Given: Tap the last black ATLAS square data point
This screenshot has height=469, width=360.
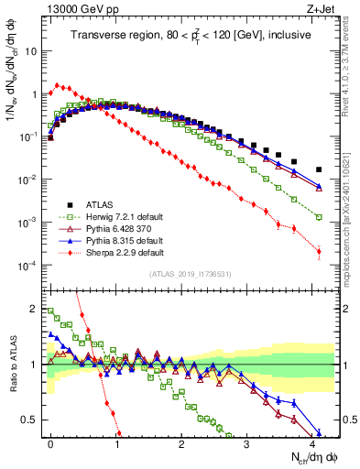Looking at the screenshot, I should (319, 169).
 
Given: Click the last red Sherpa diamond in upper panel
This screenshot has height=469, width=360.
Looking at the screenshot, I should (319, 251).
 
